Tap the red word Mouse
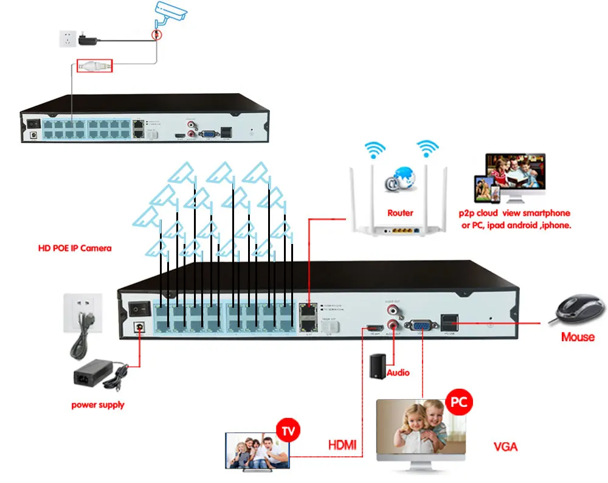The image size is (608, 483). click(x=578, y=337)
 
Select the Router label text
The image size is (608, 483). click(x=400, y=213)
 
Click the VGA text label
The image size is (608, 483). click(x=505, y=447)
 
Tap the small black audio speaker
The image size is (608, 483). click(x=379, y=365)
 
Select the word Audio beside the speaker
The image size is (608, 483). click(x=398, y=372)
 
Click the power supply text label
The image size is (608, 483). click(x=98, y=405)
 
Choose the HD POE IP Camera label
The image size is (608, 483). click(x=74, y=249)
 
